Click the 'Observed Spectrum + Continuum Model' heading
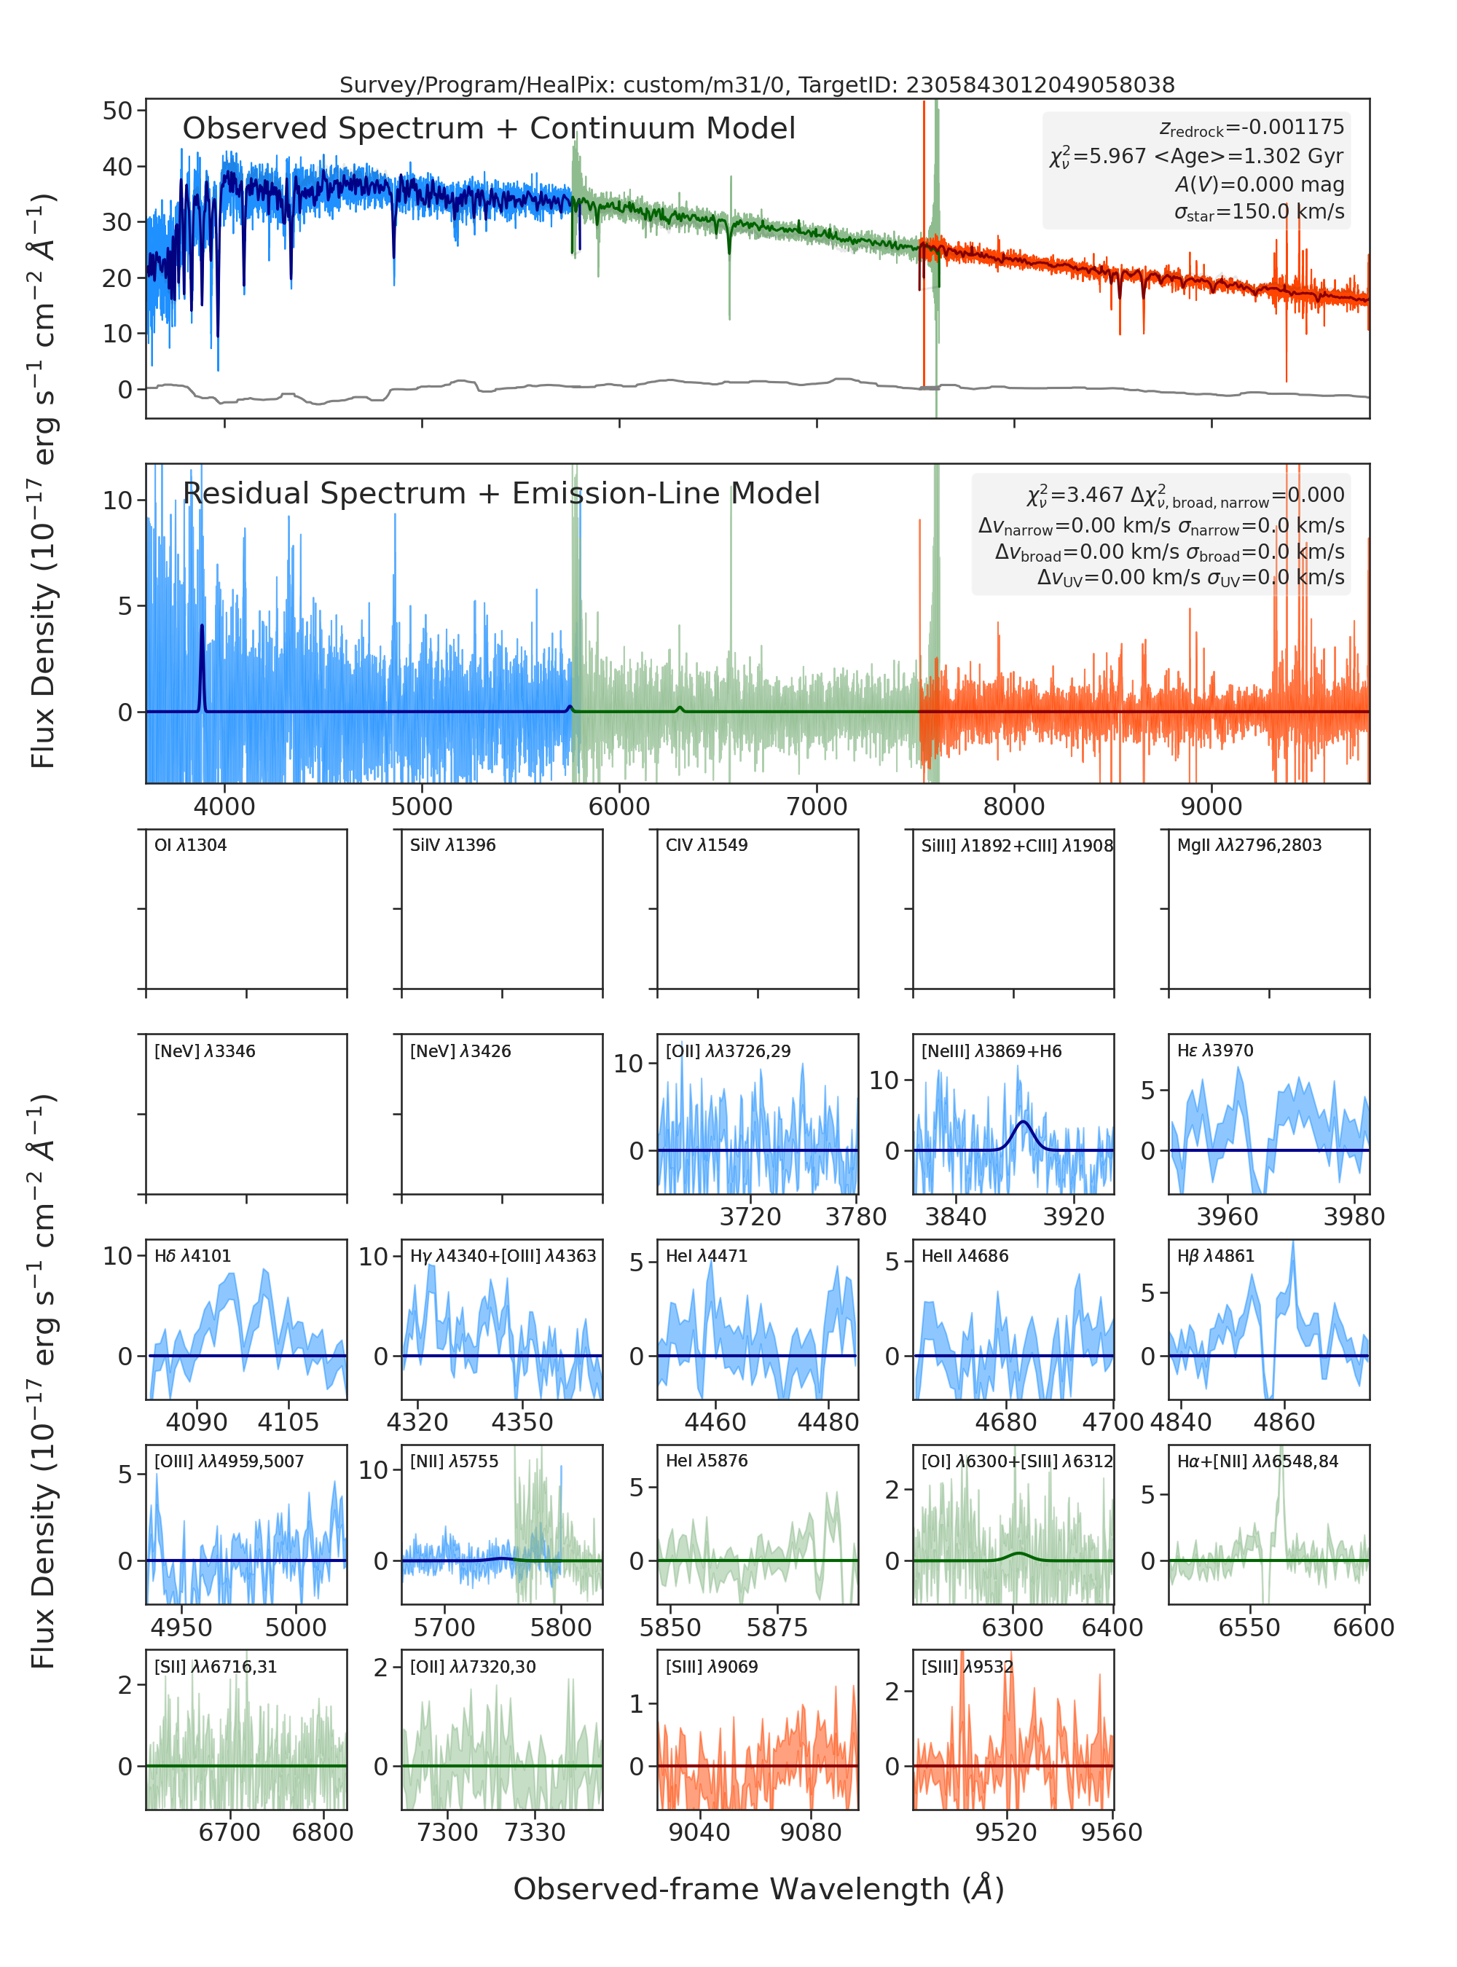click(x=489, y=129)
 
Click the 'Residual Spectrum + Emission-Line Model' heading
click(x=501, y=493)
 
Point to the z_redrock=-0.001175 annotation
click(x=1252, y=128)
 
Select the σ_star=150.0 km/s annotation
click(x=1259, y=213)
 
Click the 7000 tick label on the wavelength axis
click(x=817, y=806)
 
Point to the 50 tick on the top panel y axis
click(x=117, y=111)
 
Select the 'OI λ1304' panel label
click(x=191, y=845)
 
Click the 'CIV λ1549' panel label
click(x=707, y=845)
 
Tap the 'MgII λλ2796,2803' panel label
click(x=1249, y=845)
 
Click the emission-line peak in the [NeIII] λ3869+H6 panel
click(x=1022, y=1121)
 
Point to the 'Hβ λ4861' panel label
click(x=1215, y=1256)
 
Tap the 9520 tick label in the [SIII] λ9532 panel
click(x=1005, y=1832)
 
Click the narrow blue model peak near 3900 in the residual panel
click(x=202, y=627)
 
